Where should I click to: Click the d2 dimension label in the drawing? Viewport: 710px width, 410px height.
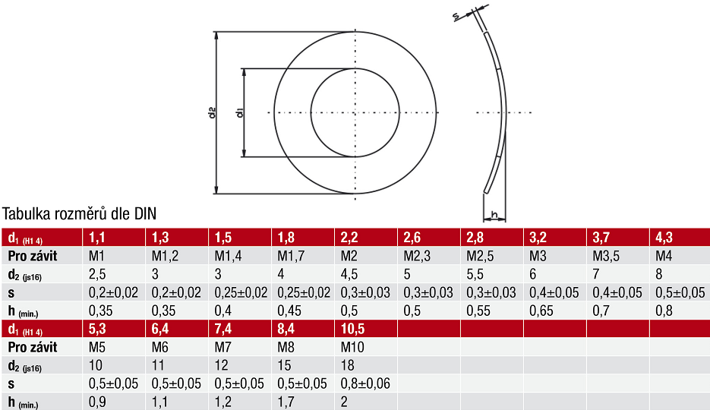click(x=213, y=112)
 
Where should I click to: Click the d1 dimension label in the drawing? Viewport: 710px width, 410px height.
click(x=238, y=113)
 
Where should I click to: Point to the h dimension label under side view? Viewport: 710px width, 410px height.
click(x=494, y=216)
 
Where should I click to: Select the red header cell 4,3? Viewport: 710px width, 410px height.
click(x=664, y=237)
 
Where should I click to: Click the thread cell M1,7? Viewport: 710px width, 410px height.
click(x=292, y=255)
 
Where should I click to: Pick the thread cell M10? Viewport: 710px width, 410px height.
click(x=355, y=347)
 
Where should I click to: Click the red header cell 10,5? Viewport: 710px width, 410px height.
click(x=353, y=329)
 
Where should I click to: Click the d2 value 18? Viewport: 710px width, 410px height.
click(x=348, y=365)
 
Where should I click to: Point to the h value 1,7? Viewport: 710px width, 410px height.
click(x=286, y=402)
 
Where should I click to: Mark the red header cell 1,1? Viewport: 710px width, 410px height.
click(x=96, y=237)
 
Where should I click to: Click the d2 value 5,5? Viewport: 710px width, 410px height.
click(x=474, y=273)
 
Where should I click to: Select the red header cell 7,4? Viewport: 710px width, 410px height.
click(x=224, y=329)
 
